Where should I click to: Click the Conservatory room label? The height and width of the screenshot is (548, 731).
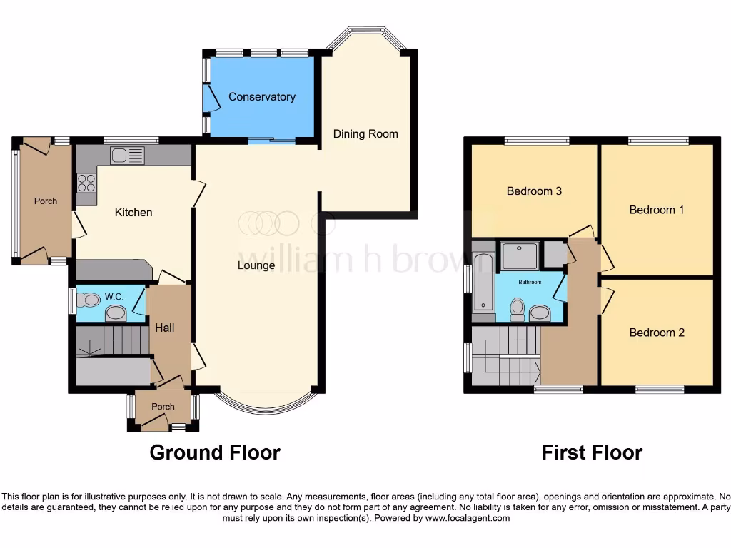(262, 97)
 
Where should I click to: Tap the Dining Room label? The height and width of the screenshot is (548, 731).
(365, 134)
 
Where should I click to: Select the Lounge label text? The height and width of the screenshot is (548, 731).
(256, 266)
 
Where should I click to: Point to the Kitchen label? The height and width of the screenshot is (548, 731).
(133, 213)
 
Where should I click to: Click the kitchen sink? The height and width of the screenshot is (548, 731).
(127, 155)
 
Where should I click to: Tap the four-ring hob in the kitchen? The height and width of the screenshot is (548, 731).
(86, 183)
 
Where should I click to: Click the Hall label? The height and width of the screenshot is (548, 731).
(165, 328)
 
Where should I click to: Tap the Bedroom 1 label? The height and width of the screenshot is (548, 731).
(656, 210)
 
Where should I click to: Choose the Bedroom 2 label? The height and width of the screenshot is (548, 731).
(656, 333)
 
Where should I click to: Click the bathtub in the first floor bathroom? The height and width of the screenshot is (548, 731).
(483, 282)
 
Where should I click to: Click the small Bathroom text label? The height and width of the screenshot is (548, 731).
(529, 283)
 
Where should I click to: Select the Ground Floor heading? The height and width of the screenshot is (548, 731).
(214, 452)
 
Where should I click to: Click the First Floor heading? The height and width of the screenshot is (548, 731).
(591, 452)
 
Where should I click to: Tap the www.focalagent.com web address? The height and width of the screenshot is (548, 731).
(468, 518)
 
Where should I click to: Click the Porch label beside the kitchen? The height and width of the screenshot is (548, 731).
(46, 201)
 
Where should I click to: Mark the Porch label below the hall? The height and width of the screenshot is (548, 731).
(163, 407)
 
